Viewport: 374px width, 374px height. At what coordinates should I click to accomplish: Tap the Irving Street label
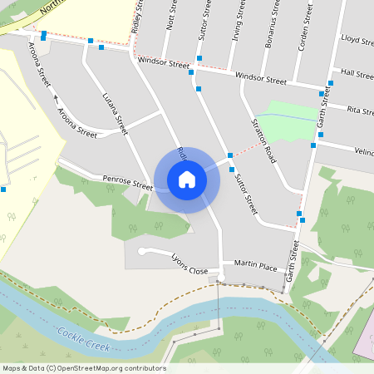click(x=237, y=20)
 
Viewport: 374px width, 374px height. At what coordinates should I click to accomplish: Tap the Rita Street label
click(x=361, y=110)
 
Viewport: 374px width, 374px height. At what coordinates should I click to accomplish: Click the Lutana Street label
click(x=116, y=114)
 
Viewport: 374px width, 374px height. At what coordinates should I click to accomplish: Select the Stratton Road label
click(x=263, y=140)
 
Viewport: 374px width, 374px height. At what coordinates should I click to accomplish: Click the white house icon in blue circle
click(x=187, y=180)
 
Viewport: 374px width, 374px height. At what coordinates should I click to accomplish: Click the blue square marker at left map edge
click(x=3, y=189)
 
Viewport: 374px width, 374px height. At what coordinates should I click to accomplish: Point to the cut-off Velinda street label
click(x=364, y=152)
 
